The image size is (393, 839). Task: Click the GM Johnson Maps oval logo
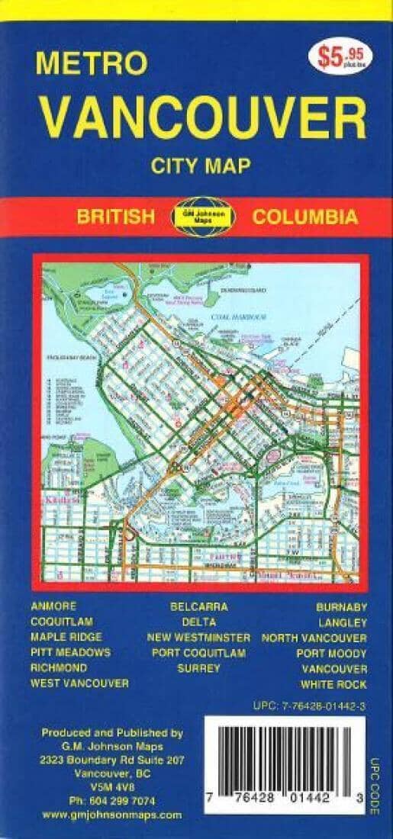[202, 216]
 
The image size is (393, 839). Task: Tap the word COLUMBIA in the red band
[304, 217]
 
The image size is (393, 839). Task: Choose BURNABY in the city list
[341, 607]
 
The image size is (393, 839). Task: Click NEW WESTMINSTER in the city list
[198, 638]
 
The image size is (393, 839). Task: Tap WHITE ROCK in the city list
[333, 684]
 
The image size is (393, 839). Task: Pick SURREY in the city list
[198, 668]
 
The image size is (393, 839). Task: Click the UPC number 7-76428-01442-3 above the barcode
[308, 707]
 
